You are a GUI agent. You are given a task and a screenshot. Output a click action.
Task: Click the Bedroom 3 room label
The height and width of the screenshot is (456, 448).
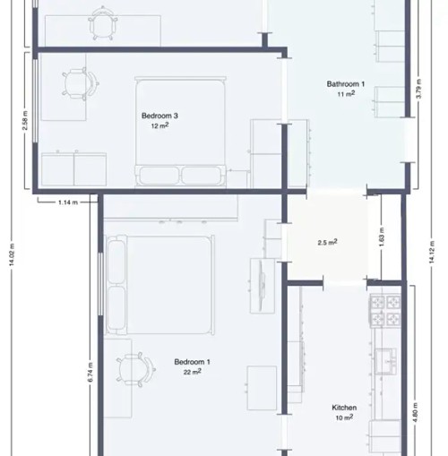point(160,116)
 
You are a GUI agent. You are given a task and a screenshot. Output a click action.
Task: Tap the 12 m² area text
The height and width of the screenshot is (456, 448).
point(160,126)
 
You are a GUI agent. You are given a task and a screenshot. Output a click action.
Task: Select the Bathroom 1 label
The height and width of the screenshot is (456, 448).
point(345,84)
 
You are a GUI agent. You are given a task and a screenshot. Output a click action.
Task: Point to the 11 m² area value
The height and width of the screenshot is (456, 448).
point(346,94)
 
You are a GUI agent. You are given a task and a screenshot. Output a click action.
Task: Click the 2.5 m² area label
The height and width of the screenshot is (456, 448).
point(327,243)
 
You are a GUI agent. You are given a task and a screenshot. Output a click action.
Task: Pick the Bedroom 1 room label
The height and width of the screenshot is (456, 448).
point(192,362)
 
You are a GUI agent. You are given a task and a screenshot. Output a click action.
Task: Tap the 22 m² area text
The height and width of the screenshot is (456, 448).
point(192,373)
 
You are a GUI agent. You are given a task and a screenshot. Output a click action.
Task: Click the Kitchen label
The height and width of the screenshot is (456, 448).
point(345,408)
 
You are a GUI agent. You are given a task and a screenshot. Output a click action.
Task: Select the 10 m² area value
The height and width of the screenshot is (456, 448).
point(345,417)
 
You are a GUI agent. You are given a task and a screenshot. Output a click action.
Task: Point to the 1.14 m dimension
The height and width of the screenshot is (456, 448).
point(68,202)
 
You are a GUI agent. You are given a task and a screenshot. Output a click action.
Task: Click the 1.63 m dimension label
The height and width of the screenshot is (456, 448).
point(382,239)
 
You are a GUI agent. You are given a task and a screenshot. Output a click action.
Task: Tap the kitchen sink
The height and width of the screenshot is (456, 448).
point(389,360)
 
